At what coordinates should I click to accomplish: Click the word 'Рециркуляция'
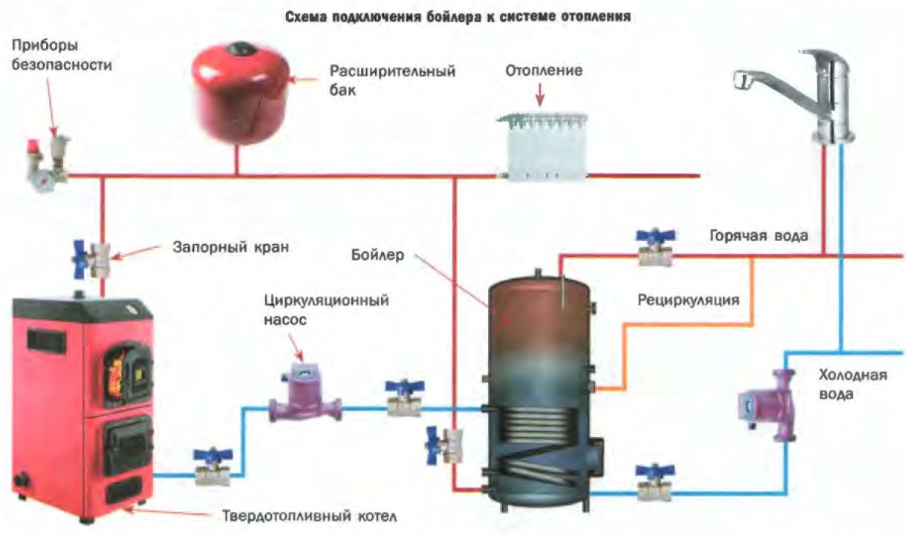[x=688, y=301]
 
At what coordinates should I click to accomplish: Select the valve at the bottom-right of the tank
[x=654, y=482]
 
